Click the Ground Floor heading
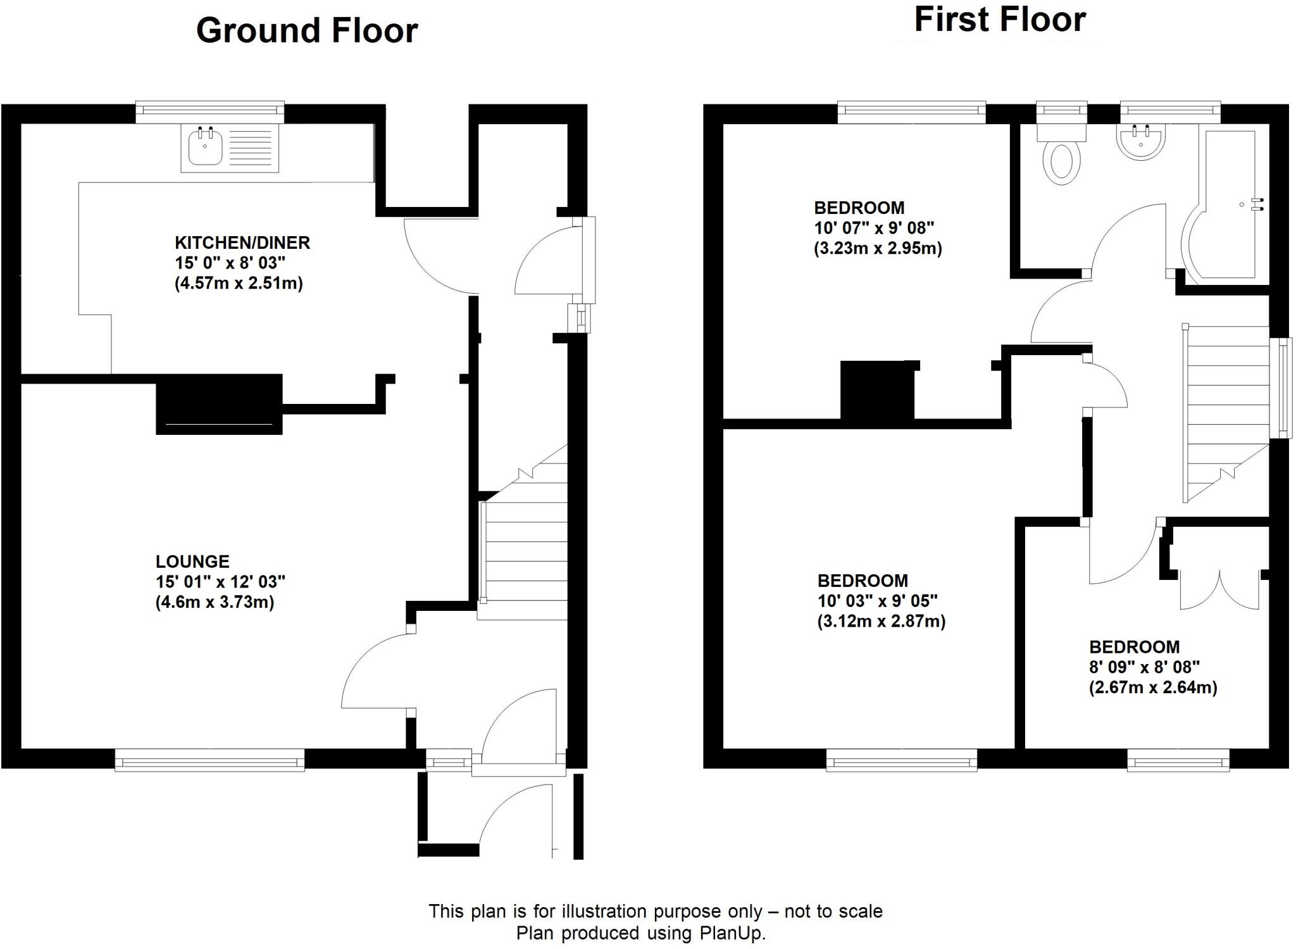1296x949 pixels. click(x=307, y=30)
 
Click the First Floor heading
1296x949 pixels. click(x=1000, y=20)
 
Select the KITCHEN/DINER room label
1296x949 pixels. click(x=242, y=242)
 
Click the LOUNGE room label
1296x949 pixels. click(x=192, y=562)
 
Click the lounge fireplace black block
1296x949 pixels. click(x=219, y=404)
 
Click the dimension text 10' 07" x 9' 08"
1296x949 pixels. click(x=873, y=228)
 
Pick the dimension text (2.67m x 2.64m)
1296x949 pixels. click(x=1153, y=688)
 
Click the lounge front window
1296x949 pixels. click(x=209, y=760)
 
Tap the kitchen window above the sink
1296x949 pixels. click(x=210, y=113)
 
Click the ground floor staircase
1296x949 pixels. click(x=524, y=551)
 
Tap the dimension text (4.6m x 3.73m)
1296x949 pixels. click(x=215, y=601)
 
